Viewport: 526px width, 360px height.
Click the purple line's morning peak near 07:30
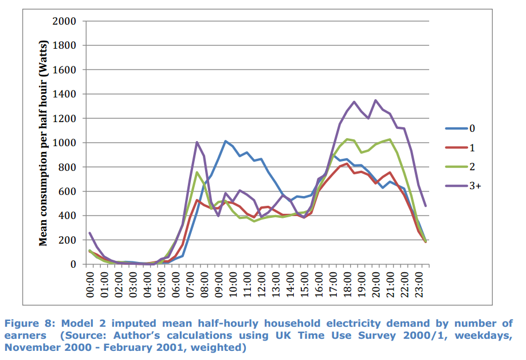(197, 142)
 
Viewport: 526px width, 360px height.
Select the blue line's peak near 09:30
(226, 141)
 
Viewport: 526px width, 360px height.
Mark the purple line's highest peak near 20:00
(376, 100)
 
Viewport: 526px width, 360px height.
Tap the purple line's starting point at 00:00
(91, 233)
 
